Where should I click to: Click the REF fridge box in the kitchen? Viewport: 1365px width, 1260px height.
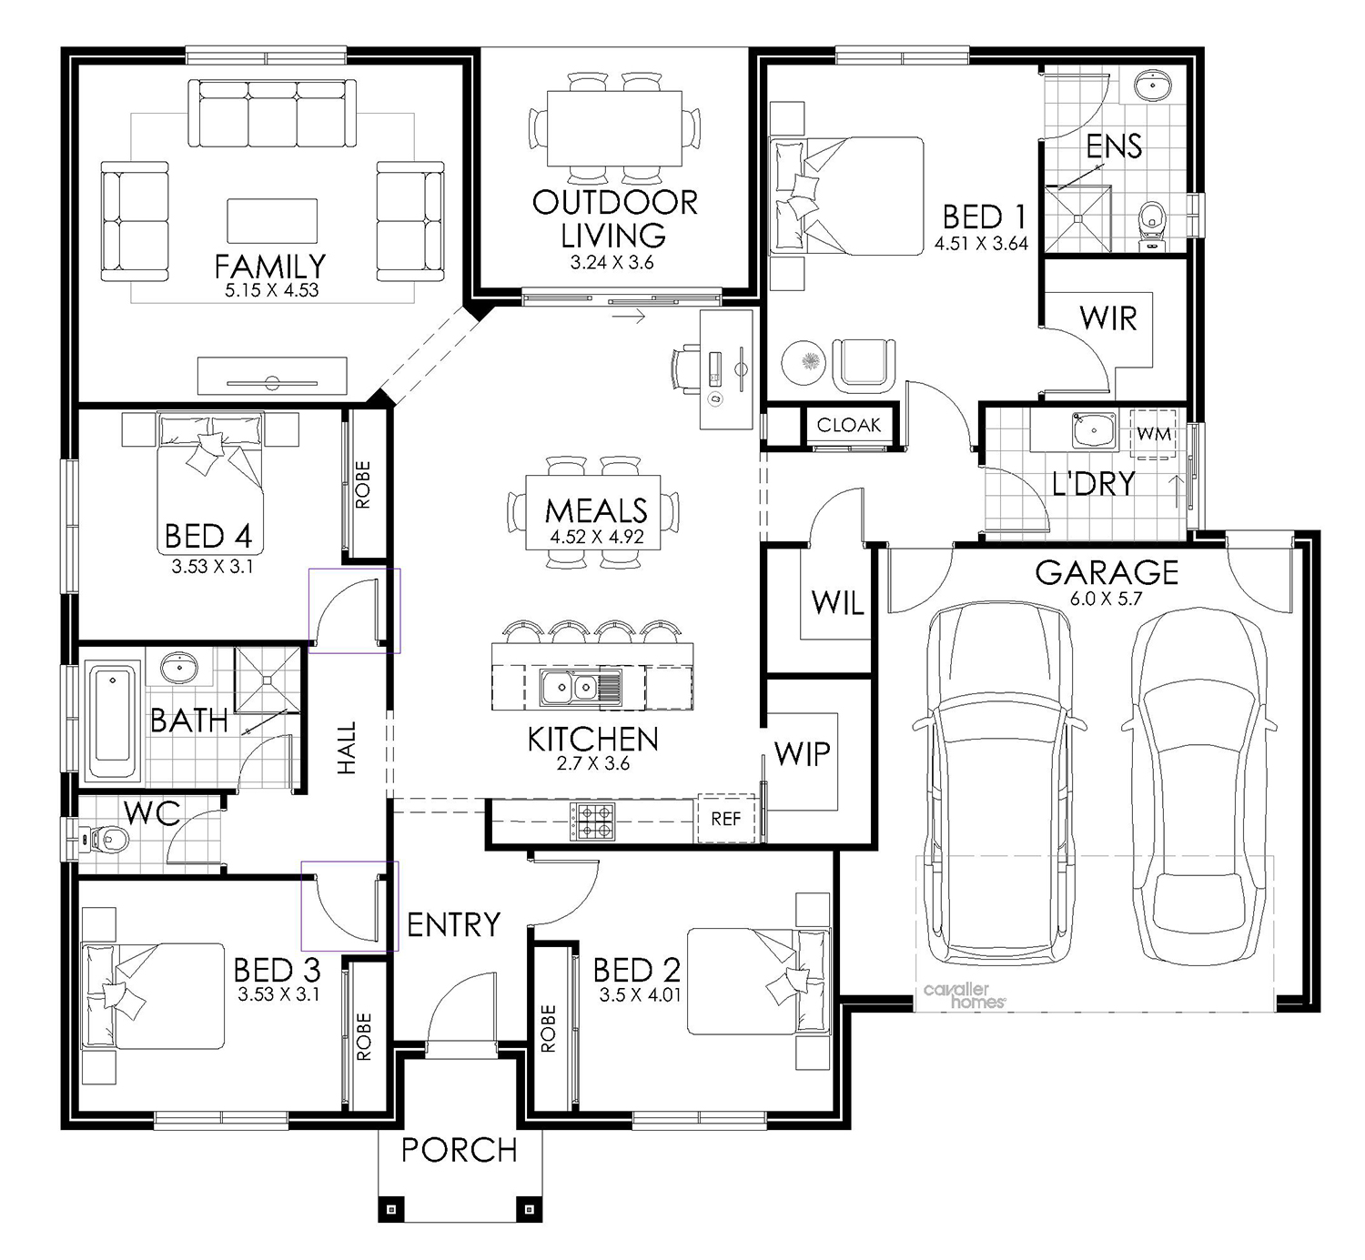726,818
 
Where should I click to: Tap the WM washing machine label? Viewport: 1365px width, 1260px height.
1154,435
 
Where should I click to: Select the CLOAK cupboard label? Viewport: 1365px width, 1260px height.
849,426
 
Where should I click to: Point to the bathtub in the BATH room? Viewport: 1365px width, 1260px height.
113,721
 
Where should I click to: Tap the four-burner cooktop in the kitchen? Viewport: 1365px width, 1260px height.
592,822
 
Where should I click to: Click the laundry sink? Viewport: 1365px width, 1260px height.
1095,430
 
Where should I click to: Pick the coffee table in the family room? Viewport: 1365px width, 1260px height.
272,221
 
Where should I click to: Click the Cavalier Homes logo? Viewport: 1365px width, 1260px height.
964,995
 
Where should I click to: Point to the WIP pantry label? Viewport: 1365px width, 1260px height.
802,754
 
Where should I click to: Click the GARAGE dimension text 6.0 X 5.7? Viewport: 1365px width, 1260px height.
1106,599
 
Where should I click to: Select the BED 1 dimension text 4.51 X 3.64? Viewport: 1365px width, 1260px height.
981,243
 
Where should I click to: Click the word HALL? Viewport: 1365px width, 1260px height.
347,748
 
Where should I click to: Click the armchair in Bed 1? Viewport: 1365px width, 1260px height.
864,365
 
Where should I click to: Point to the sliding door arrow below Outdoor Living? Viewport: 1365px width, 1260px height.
629,317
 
